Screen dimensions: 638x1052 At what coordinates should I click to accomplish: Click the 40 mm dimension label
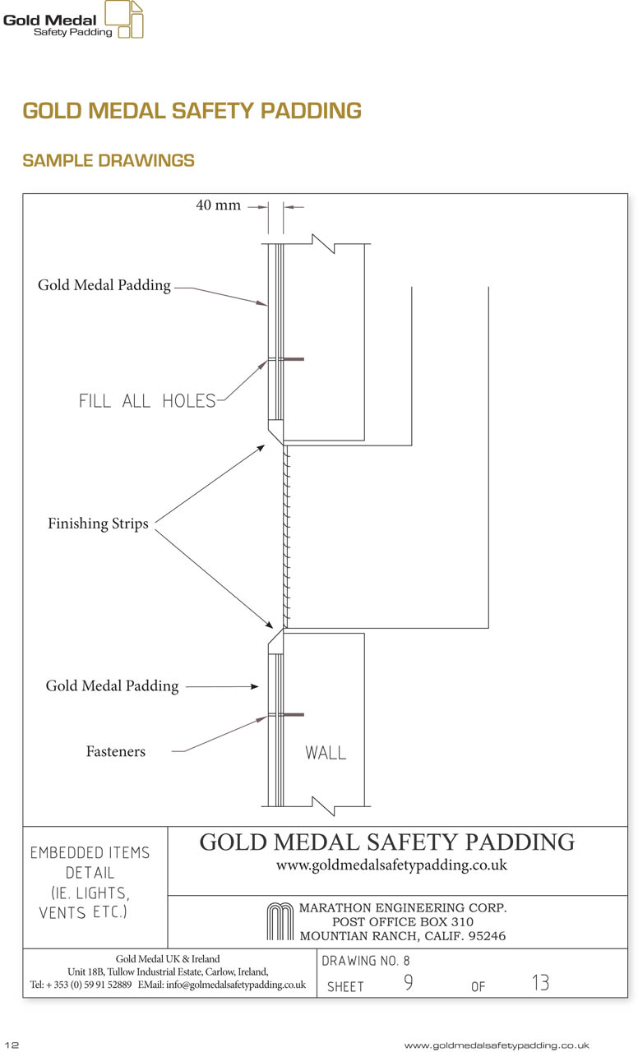(x=218, y=205)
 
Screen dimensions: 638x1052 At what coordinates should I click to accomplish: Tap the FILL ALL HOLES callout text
(x=147, y=401)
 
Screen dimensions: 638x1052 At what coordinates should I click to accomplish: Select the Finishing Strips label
(x=98, y=524)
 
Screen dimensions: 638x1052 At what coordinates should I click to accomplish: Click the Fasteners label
(x=116, y=751)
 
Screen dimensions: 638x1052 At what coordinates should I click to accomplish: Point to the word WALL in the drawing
(x=326, y=753)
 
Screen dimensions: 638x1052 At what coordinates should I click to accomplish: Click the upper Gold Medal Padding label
(x=104, y=285)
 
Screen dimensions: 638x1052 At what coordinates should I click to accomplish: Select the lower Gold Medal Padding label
(x=113, y=686)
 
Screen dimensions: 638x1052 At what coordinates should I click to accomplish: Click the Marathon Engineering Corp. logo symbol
(x=280, y=921)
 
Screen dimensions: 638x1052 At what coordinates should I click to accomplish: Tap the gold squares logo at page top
(x=124, y=19)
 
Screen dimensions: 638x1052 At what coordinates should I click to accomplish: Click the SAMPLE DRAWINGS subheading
(x=109, y=160)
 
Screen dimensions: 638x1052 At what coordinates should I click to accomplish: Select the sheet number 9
(x=409, y=982)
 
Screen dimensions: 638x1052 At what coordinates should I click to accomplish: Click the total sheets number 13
(x=540, y=982)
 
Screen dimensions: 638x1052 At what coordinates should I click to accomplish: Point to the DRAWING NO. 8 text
(x=366, y=961)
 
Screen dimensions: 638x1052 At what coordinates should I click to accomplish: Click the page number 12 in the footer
(x=12, y=1045)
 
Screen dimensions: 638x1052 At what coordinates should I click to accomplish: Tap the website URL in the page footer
(x=496, y=1045)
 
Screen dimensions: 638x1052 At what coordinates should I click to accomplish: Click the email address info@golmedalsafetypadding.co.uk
(x=235, y=985)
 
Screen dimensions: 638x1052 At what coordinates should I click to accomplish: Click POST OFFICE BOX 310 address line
(x=403, y=921)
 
